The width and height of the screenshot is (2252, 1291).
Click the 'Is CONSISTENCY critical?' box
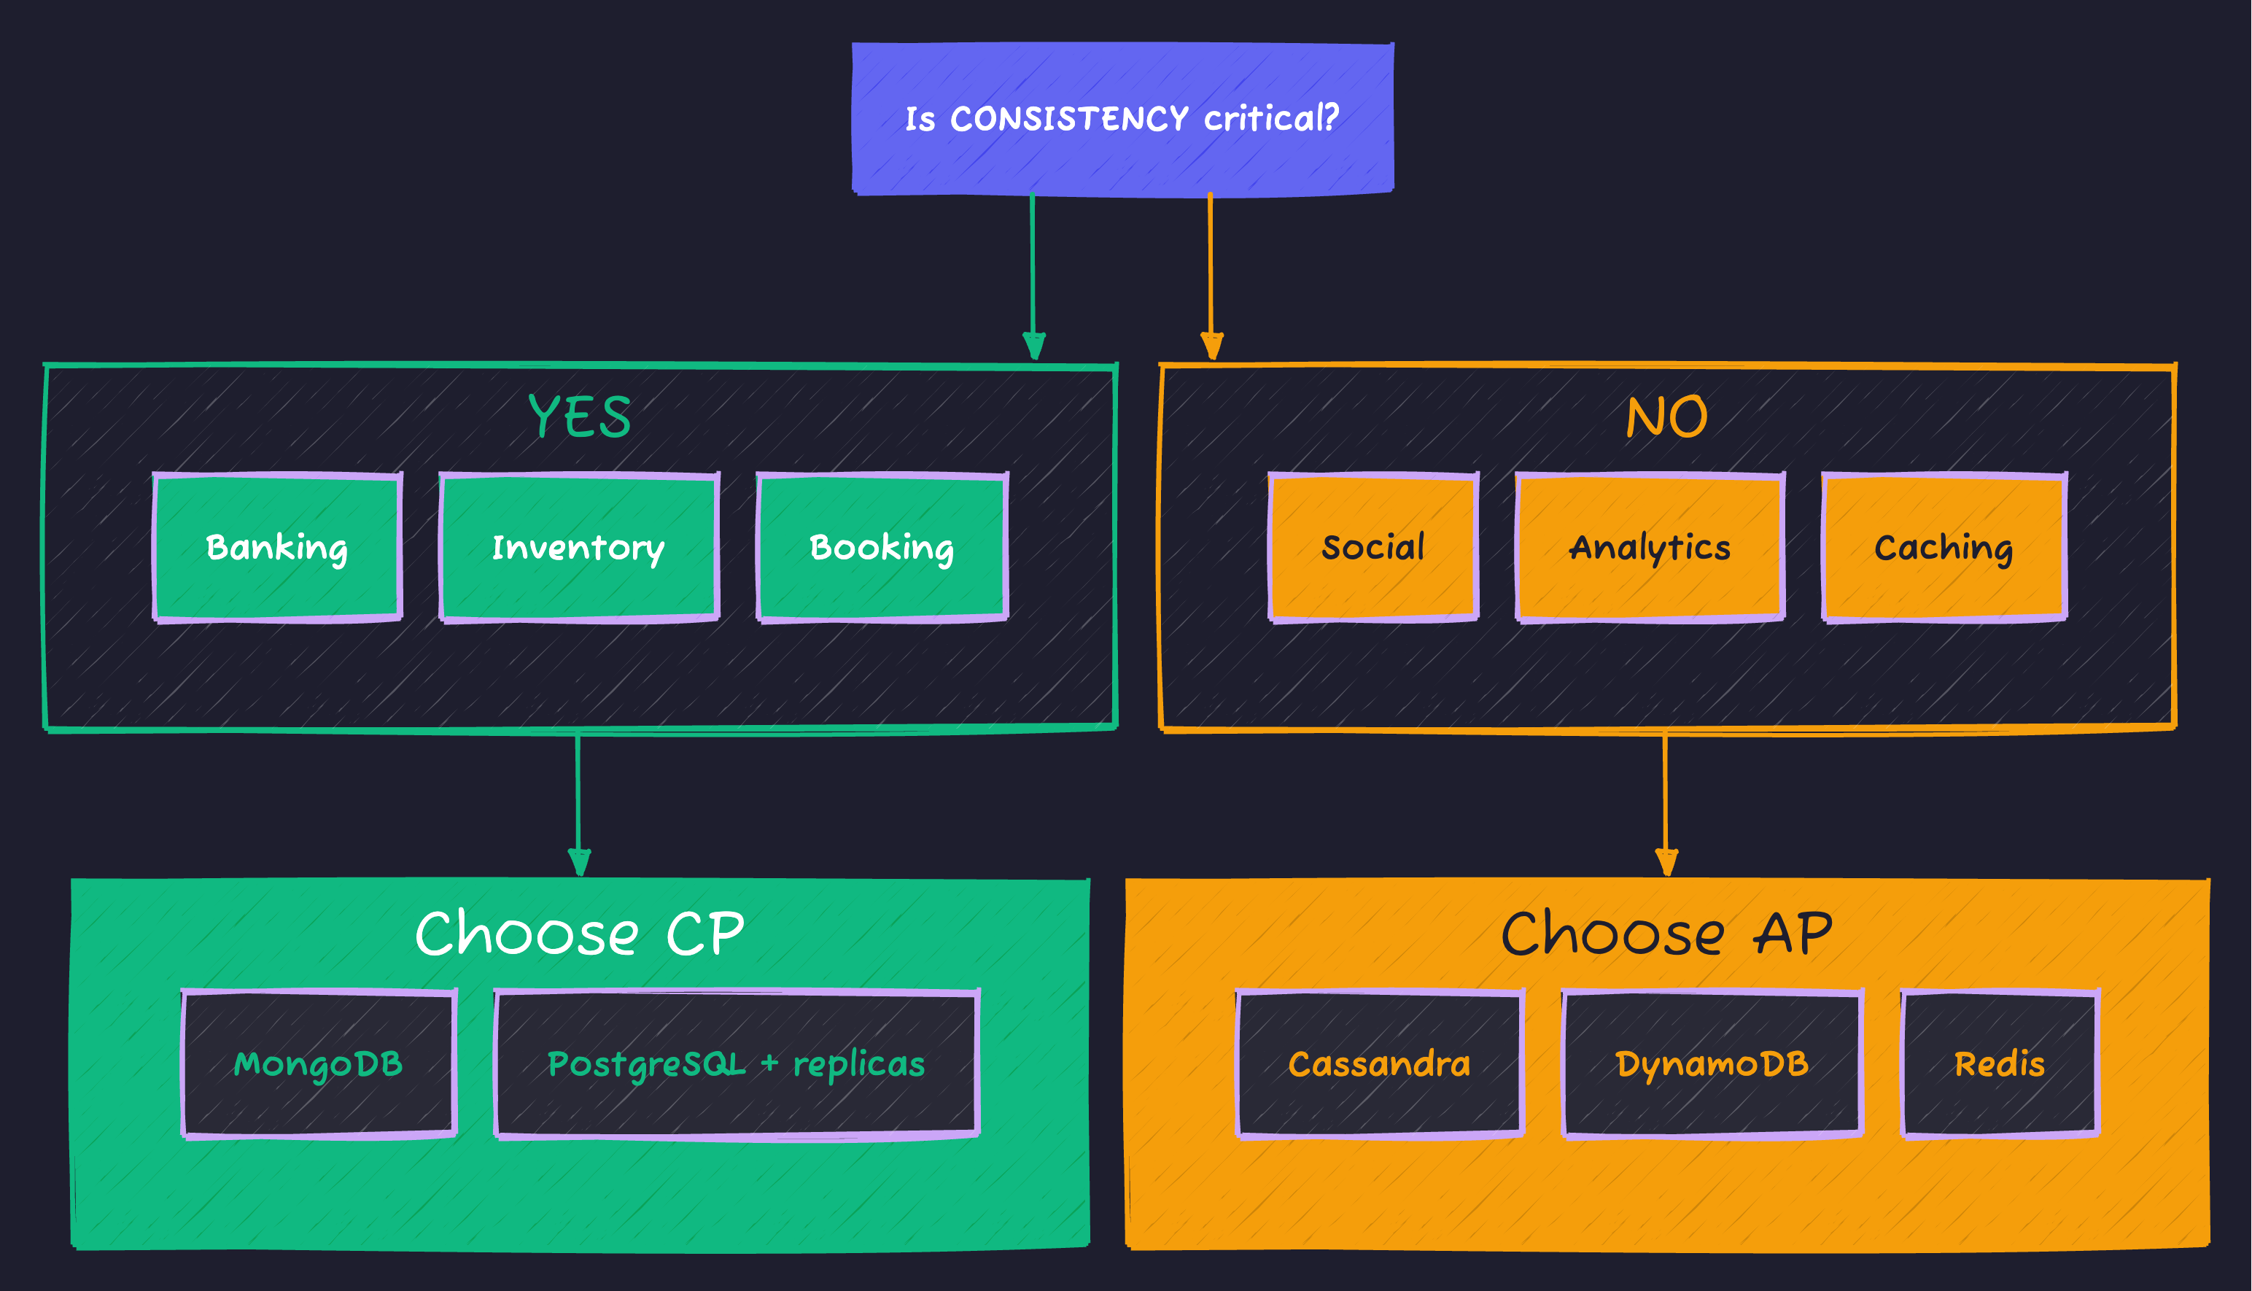coord(1122,119)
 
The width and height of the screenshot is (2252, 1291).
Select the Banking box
coord(277,547)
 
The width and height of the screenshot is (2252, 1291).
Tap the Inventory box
coord(579,547)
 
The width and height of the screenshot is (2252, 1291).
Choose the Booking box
coord(882,547)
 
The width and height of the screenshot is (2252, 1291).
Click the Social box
coord(1372,547)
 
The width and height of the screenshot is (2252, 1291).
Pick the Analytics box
coord(1650,547)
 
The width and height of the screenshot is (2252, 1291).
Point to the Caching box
coord(1944,547)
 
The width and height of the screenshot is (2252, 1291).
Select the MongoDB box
coord(318,1063)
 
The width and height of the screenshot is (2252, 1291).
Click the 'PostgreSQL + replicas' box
coord(737,1063)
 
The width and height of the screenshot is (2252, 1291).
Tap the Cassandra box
coord(1380,1063)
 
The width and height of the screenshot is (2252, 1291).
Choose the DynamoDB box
coord(1712,1063)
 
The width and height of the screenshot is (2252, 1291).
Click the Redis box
coord(2000,1063)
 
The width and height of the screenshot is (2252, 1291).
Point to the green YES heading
coord(580,416)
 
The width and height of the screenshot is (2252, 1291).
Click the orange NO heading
coord(1666,416)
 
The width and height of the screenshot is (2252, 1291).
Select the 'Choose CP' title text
coord(580,934)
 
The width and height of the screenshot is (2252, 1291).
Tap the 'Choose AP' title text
coord(1666,934)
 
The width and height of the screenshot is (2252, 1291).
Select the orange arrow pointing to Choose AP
coord(1665,802)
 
